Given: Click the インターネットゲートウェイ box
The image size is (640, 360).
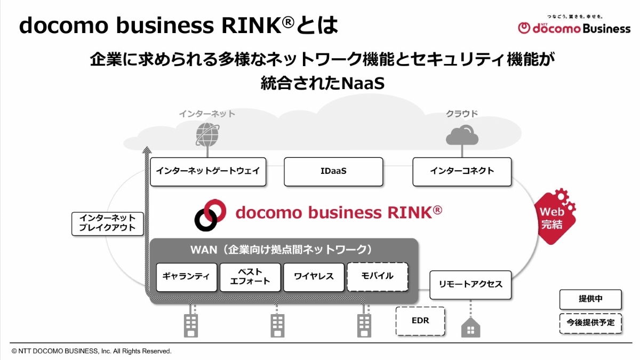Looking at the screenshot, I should (x=208, y=171).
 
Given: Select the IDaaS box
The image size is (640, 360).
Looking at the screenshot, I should (x=333, y=171).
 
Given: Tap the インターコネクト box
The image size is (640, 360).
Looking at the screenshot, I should (x=462, y=171).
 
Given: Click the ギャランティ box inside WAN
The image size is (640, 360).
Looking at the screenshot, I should (x=186, y=277).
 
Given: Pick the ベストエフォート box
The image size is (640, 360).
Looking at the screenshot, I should (x=250, y=277).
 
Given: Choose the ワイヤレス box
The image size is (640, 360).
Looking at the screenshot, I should (x=314, y=277).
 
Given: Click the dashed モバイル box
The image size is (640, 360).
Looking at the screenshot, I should (x=377, y=276).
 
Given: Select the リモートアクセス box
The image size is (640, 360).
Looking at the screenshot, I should (x=470, y=285).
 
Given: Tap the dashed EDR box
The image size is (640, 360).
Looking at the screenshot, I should (x=420, y=321).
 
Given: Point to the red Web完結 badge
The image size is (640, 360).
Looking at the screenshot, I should (x=555, y=215).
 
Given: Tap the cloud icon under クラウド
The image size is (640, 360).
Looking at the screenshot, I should (x=462, y=135).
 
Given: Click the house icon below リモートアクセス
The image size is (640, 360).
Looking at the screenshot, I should (x=470, y=327).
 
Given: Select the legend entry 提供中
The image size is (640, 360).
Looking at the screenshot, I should (x=590, y=299).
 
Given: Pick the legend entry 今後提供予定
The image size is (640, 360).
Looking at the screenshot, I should (x=590, y=323).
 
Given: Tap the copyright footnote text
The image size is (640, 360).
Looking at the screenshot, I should (x=91, y=351).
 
